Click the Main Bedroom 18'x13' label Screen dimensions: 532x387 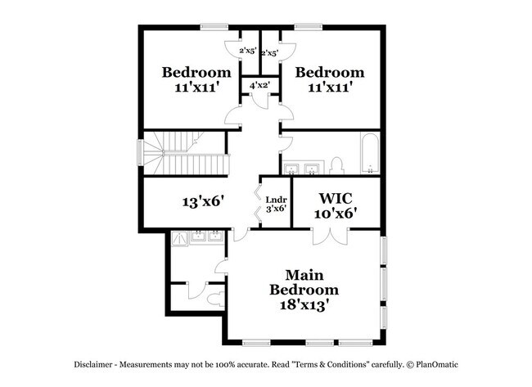tap(304, 290)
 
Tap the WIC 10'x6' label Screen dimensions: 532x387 tap(336, 206)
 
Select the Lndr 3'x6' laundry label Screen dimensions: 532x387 tap(276, 205)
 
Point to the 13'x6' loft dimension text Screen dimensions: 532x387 tap(204, 202)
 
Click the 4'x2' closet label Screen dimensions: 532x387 tap(259, 85)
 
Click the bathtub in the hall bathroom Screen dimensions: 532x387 tap(370, 153)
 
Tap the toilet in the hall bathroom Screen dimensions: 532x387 tap(337, 165)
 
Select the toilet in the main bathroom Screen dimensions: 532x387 tap(216, 299)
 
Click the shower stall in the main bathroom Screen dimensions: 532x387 tap(179, 239)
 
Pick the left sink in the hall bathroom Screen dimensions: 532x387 tap(291, 169)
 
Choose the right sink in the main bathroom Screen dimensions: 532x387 tap(215, 236)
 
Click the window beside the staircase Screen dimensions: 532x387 tap(140, 153)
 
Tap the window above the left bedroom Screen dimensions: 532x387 tap(214, 27)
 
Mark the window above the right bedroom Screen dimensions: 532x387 tap(308, 27)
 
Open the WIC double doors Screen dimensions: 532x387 tap(330, 237)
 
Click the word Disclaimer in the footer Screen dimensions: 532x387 tap(93, 365)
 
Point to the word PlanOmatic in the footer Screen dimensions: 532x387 tap(437, 365)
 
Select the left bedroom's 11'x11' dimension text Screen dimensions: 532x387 tap(196, 88)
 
